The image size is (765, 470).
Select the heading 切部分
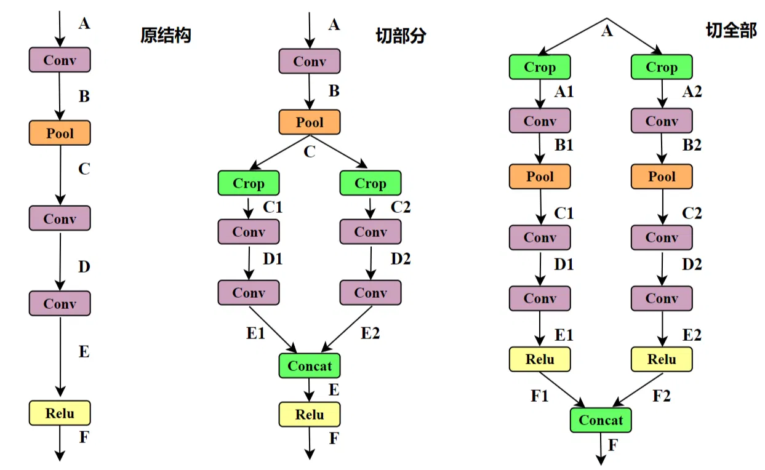(x=401, y=36)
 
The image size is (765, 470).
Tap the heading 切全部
(x=731, y=31)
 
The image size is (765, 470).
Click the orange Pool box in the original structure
(x=60, y=133)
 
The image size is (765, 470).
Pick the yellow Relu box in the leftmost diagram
(x=60, y=413)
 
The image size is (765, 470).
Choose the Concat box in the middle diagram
(x=310, y=366)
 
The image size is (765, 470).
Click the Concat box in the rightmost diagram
(x=601, y=420)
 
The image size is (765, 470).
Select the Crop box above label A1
(x=540, y=67)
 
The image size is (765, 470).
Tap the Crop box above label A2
(x=662, y=67)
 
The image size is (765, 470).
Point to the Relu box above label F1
(x=540, y=359)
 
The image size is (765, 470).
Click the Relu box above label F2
(x=662, y=359)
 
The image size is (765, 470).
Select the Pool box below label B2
(x=662, y=177)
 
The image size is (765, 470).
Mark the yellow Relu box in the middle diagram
(x=310, y=414)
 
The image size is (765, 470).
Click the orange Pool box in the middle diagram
(x=310, y=122)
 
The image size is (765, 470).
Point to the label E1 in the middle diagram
(x=255, y=333)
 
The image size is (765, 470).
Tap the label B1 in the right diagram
(x=564, y=146)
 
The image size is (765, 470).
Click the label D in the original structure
(x=84, y=267)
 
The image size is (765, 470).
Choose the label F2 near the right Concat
(x=662, y=396)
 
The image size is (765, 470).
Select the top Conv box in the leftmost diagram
(x=60, y=60)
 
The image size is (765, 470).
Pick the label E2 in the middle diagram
(x=370, y=333)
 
